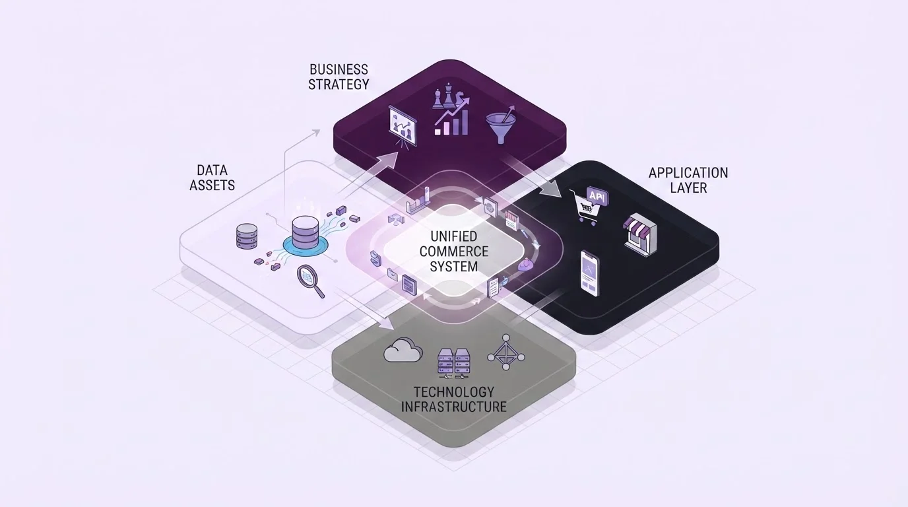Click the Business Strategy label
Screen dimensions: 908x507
(x=339, y=77)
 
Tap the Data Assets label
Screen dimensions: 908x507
(x=212, y=178)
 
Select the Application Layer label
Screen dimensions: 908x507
(x=688, y=180)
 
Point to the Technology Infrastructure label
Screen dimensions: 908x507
(x=453, y=399)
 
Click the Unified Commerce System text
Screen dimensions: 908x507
(x=453, y=252)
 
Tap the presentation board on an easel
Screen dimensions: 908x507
(x=403, y=127)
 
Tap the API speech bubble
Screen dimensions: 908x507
(x=597, y=197)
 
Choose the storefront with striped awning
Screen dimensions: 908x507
(x=640, y=234)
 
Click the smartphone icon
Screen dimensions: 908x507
(x=590, y=273)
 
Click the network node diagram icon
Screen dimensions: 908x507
(x=505, y=352)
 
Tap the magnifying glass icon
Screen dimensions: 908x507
(x=311, y=281)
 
